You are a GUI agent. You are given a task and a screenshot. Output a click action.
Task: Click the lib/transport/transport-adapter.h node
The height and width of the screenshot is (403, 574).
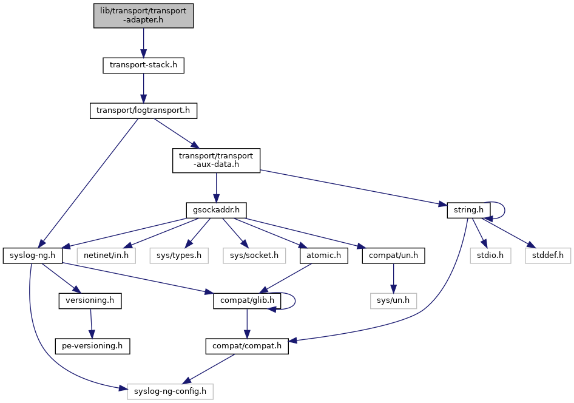click(x=143, y=15)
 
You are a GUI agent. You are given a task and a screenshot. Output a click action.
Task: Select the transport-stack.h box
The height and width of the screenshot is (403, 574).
click(x=143, y=65)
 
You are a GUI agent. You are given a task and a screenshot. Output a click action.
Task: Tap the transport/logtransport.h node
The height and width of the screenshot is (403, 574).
click(x=143, y=111)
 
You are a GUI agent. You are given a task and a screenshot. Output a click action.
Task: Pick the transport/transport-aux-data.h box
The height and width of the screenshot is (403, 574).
click(x=216, y=160)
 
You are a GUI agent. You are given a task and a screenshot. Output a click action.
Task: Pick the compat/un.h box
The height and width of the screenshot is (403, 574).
click(x=393, y=256)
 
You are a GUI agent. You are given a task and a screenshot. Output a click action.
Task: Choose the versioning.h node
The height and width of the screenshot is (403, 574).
click(x=90, y=300)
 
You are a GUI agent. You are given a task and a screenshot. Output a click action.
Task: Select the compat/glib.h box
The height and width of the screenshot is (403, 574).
click(x=245, y=300)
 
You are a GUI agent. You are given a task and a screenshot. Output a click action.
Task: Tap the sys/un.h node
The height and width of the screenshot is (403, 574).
click(x=393, y=300)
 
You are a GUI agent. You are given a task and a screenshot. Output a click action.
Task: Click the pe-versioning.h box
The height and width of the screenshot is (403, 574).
click(x=92, y=346)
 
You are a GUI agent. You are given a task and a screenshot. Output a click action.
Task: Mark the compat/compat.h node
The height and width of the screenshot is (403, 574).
click(x=246, y=346)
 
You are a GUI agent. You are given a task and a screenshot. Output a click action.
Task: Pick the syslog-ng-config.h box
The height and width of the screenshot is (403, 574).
click(x=170, y=391)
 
